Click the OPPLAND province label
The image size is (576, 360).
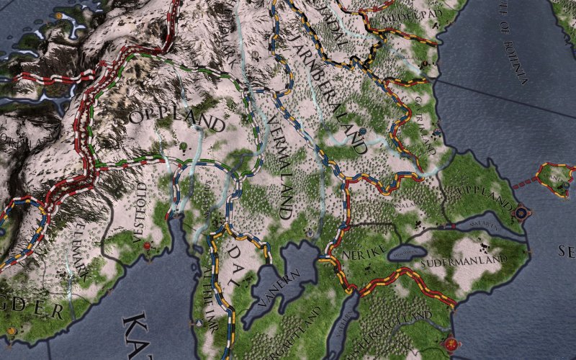click(x=176, y=120)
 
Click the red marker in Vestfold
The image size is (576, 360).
click(x=147, y=246)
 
